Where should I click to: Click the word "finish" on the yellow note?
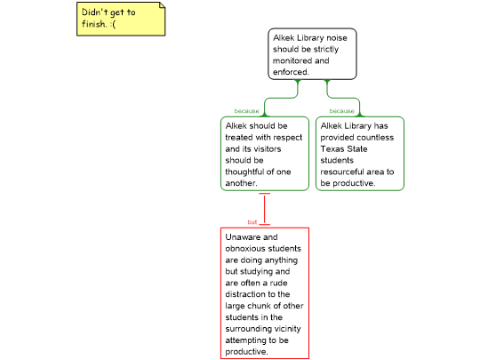93,24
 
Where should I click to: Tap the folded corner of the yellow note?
162,5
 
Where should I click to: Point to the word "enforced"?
291,72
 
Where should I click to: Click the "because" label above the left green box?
247,111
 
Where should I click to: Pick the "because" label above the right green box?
341,111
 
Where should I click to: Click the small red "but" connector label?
252,222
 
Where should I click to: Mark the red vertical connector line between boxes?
265,209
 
